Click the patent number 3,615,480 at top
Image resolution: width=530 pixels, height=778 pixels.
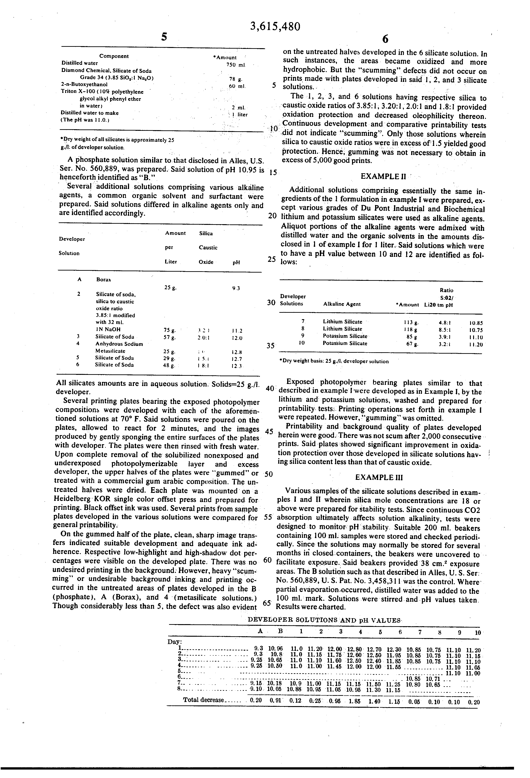(x=275, y=26)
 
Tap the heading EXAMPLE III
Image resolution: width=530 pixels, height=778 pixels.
(x=379, y=477)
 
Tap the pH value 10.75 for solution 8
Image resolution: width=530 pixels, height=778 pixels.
(x=476, y=330)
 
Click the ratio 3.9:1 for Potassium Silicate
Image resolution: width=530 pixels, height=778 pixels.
(x=445, y=336)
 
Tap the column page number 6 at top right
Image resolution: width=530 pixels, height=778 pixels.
(x=385, y=39)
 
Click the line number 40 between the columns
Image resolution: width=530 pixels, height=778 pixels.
(x=270, y=389)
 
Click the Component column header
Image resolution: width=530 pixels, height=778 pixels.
(x=114, y=56)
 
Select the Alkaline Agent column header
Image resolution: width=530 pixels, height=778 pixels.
(x=342, y=304)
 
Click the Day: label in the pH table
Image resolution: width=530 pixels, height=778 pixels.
(x=175, y=641)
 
